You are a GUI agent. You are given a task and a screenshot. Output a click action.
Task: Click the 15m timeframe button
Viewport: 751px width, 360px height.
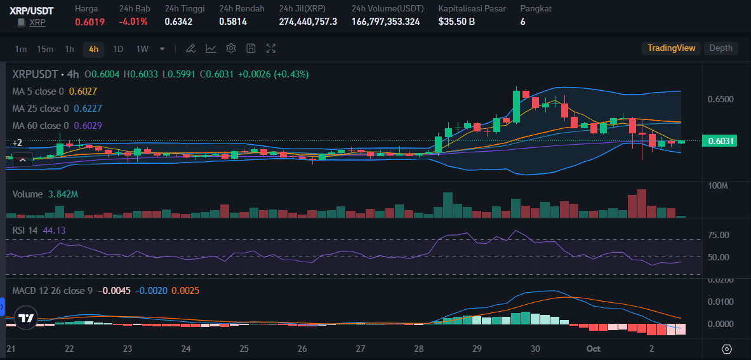(45, 49)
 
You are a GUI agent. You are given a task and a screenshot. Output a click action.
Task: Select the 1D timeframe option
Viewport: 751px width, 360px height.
(118, 49)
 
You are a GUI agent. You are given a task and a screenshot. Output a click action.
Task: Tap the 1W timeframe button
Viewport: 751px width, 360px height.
(142, 49)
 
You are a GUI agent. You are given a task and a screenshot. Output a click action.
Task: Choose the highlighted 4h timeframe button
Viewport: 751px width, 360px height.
(94, 49)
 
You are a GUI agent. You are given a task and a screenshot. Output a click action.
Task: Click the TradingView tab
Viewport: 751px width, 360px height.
(672, 48)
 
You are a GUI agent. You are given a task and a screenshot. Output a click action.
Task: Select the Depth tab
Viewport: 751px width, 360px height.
(721, 48)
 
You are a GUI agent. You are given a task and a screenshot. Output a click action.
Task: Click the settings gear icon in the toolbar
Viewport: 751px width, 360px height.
(231, 49)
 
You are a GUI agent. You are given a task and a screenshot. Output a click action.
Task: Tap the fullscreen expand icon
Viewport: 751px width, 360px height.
(271, 49)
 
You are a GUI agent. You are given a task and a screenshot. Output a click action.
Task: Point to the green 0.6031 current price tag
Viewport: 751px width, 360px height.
(719, 141)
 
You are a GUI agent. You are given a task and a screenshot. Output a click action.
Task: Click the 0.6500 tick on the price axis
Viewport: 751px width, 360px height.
(721, 100)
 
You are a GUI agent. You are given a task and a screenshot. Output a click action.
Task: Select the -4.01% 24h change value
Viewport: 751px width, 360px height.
(133, 22)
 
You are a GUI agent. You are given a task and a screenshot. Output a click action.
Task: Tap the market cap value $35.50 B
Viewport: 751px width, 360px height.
(457, 22)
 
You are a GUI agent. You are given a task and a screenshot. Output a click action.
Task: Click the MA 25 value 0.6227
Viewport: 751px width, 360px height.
(88, 109)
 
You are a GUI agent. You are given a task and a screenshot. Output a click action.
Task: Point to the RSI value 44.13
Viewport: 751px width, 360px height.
(54, 230)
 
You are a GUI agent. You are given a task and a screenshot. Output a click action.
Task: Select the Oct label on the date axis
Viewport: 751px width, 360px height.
(594, 349)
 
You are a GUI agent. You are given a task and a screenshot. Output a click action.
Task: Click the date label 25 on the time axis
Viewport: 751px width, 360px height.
(244, 349)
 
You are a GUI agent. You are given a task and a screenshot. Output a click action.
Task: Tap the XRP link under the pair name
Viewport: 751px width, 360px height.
(37, 22)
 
